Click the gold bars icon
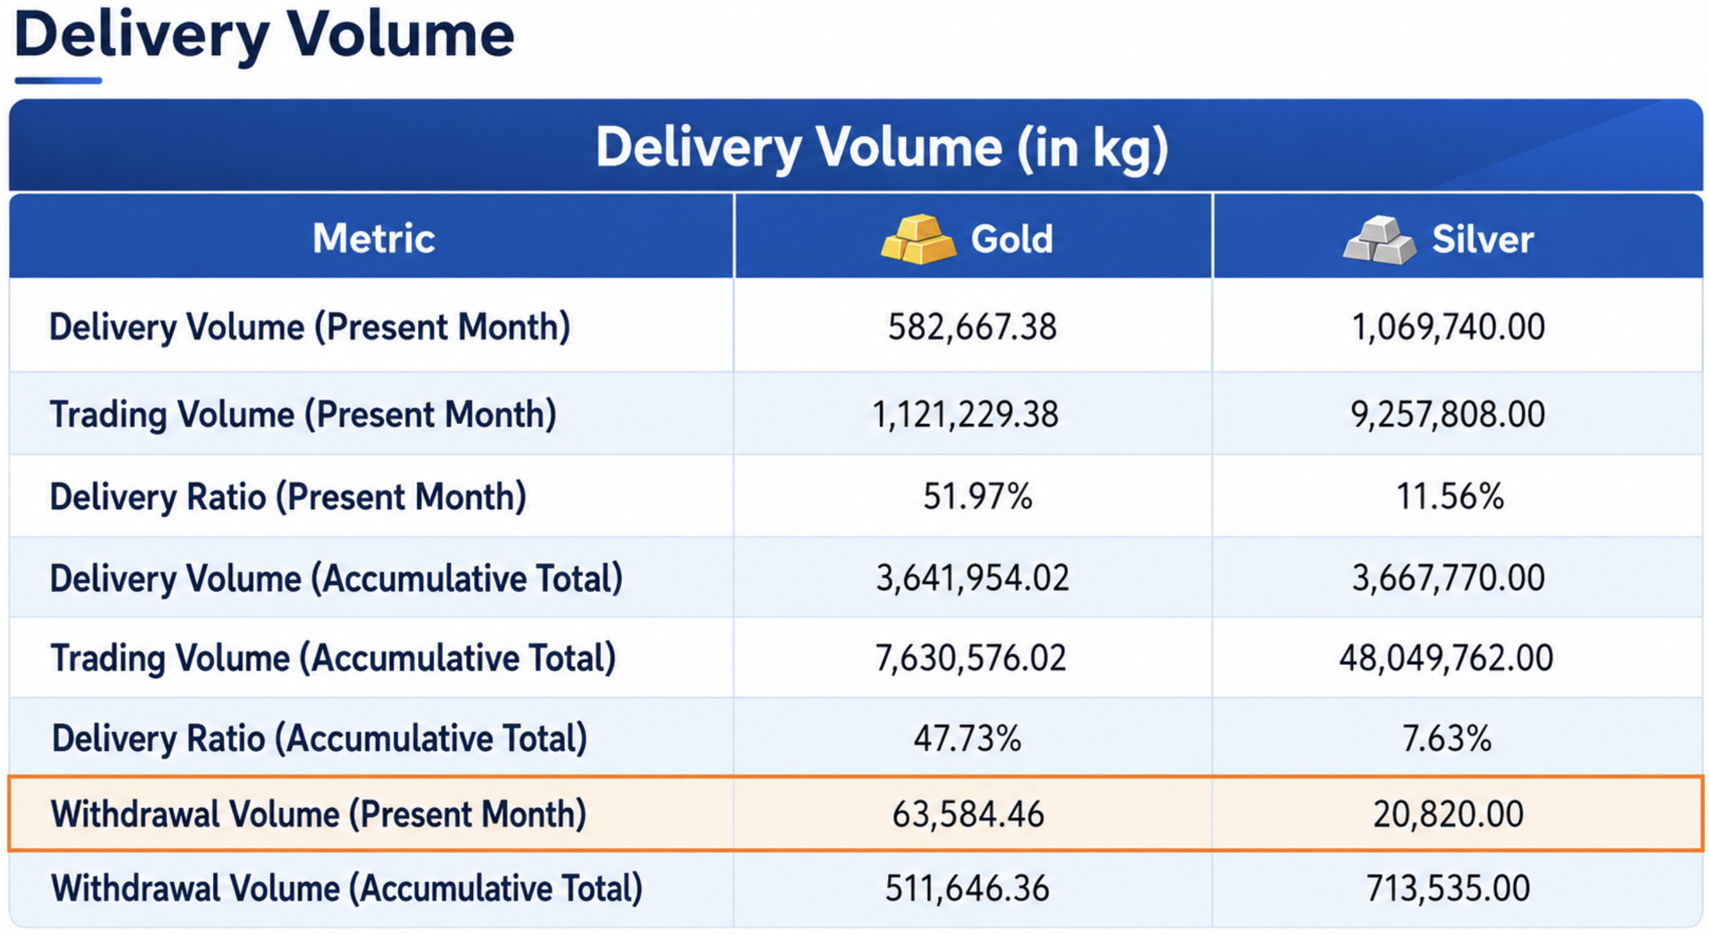[918, 239]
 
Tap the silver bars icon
[1380, 240]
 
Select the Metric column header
[373, 238]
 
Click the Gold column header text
[1012, 239]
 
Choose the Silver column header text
[1483, 239]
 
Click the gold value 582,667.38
[972, 327]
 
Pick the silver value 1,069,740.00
[1448, 327]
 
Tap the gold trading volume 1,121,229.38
[965, 415]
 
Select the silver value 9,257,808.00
[1448, 415]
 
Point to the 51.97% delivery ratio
[978, 496]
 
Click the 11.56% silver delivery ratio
[1450, 496]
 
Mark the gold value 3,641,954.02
[973, 578]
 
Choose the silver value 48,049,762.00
[1446, 658]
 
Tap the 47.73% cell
[967, 739]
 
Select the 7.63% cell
[1447, 739]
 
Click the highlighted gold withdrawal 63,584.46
[968, 814]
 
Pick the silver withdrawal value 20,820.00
[1448, 814]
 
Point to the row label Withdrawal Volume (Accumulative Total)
[347, 889]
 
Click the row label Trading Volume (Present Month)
[303, 415]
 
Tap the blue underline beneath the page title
[58, 81]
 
